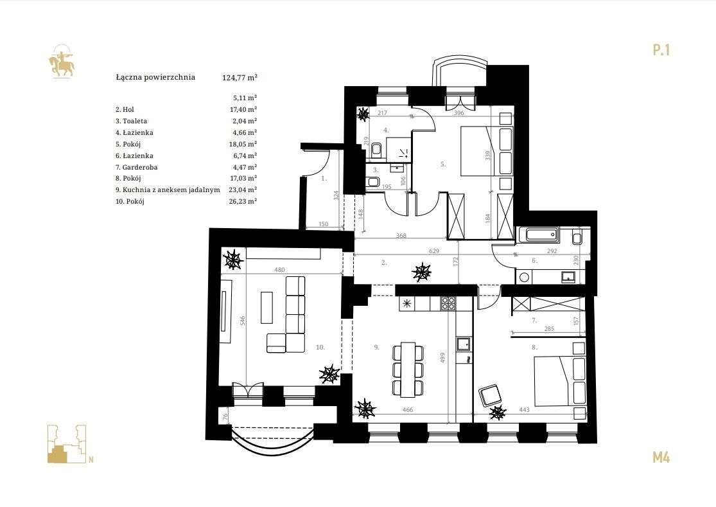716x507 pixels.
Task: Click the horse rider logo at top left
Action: click(x=61, y=61)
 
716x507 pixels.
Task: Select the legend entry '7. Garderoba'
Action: click(x=136, y=167)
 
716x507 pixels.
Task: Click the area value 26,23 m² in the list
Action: click(x=243, y=201)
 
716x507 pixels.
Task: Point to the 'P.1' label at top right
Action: click(x=661, y=49)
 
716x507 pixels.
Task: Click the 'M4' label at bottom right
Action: click(x=661, y=458)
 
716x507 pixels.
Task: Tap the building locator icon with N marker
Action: click(x=67, y=444)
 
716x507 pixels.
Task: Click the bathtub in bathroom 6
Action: click(x=542, y=235)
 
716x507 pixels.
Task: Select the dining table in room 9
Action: click(x=407, y=369)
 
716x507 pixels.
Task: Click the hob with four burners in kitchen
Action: click(x=448, y=303)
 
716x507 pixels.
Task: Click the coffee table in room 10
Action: click(x=266, y=307)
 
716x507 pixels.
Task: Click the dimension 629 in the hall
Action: click(x=434, y=251)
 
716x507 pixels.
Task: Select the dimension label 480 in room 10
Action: click(x=279, y=271)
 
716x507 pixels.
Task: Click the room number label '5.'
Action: click(x=443, y=165)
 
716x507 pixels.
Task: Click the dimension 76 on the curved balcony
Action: click(x=225, y=416)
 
